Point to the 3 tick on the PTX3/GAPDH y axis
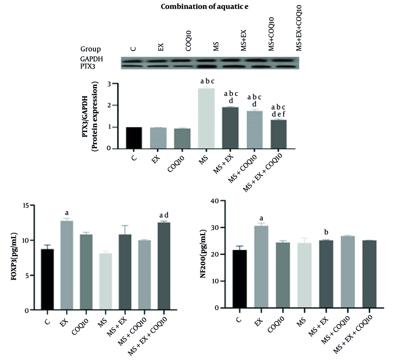[x=110, y=84]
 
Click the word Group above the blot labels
[x=91, y=49]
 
